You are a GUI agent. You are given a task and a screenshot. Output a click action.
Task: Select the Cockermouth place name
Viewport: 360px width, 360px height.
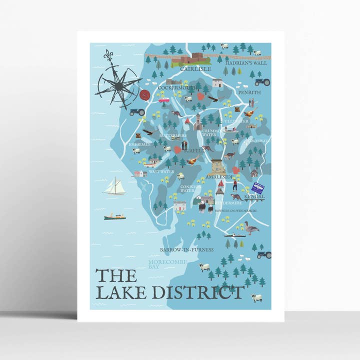pyautogui.click(x=177, y=88)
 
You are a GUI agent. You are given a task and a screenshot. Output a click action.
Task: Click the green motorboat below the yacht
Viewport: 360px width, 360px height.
pyautogui.click(x=114, y=216)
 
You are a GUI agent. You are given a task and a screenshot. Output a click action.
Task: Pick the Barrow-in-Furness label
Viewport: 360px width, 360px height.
pyautogui.click(x=186, y=249)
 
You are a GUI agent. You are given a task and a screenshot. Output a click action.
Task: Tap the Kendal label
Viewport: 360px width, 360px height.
pyautogui.click(x=254, y=197)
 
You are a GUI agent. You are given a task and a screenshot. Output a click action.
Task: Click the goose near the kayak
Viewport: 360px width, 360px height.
pyautogui.click(x=251, y=229)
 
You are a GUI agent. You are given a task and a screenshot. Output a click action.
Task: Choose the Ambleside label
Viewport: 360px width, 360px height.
pyautogui.click(x=219, y=177)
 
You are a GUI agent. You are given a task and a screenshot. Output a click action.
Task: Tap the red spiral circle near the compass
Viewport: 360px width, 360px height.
pyautogui.click(x=145, y=95)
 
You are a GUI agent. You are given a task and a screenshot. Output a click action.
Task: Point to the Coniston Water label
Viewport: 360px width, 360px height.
pyautogui.click(x=190, y=188)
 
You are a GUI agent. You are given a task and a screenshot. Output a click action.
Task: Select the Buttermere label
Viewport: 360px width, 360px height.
pyautogui.click(x=172, y=135)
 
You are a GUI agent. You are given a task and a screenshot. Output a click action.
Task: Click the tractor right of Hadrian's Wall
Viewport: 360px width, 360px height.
pyautogui.click(x=262, y=82)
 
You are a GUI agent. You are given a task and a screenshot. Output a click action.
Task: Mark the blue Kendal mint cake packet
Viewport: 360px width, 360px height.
pyautogui.click(x=257, y=188)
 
